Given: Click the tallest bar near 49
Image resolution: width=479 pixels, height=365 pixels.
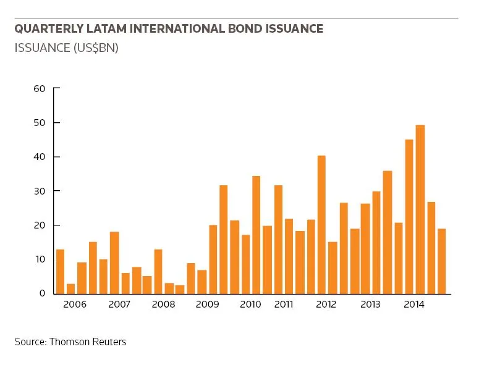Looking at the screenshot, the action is pos(420,209).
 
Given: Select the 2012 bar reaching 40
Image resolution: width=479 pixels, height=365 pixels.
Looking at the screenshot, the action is pos(321,225).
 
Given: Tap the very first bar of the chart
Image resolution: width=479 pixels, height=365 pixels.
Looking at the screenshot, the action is pos(60,272).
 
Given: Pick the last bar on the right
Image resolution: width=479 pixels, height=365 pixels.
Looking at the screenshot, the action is pos(442,261).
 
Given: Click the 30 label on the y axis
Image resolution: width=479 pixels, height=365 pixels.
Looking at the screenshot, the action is pos(40,191).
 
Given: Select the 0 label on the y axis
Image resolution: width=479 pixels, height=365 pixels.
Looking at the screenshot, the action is pos(42,293).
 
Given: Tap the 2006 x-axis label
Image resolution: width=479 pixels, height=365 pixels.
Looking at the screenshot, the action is pos(75,304).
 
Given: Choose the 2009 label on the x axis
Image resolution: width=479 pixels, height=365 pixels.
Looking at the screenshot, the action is pos(208,304).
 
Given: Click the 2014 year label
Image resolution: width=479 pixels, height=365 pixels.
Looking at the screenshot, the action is pos(414,304).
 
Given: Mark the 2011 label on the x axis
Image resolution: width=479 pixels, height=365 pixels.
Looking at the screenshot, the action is pos(284,304).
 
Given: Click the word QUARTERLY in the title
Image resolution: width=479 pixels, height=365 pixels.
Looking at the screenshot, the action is pos(49,28).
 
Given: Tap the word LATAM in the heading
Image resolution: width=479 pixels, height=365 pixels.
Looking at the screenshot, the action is pos(106,28).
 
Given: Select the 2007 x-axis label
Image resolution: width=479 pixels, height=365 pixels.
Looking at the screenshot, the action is pos(119,304).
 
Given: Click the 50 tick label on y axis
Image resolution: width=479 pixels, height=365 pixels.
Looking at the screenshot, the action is pos(40,123).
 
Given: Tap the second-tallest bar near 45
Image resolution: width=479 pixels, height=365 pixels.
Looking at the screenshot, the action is pos(409,217).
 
